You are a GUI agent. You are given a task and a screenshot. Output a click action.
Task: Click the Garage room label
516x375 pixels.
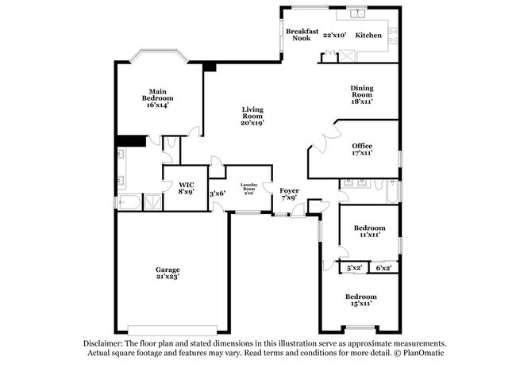[168, 270]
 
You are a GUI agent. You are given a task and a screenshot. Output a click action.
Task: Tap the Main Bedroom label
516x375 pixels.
[157, 94]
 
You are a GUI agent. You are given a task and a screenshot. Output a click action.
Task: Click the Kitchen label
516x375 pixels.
[368, 36]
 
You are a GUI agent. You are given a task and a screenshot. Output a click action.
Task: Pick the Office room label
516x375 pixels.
[362, 146]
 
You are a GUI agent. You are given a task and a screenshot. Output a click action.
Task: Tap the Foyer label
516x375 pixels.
[288, 191]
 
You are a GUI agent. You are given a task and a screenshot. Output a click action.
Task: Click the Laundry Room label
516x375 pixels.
[248, 188]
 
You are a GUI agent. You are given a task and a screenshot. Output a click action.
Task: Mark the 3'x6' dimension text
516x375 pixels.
[217, 193]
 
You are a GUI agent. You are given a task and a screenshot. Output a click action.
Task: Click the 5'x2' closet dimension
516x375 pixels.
[355, 269]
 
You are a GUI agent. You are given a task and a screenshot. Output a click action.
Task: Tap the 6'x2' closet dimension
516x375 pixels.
[384, 269]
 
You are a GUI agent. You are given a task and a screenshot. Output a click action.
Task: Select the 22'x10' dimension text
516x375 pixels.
[335, 36]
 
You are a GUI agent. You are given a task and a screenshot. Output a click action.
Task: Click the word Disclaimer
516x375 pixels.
[108, 343]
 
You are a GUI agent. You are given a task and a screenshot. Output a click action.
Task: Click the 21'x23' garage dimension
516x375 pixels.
[168, 277]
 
